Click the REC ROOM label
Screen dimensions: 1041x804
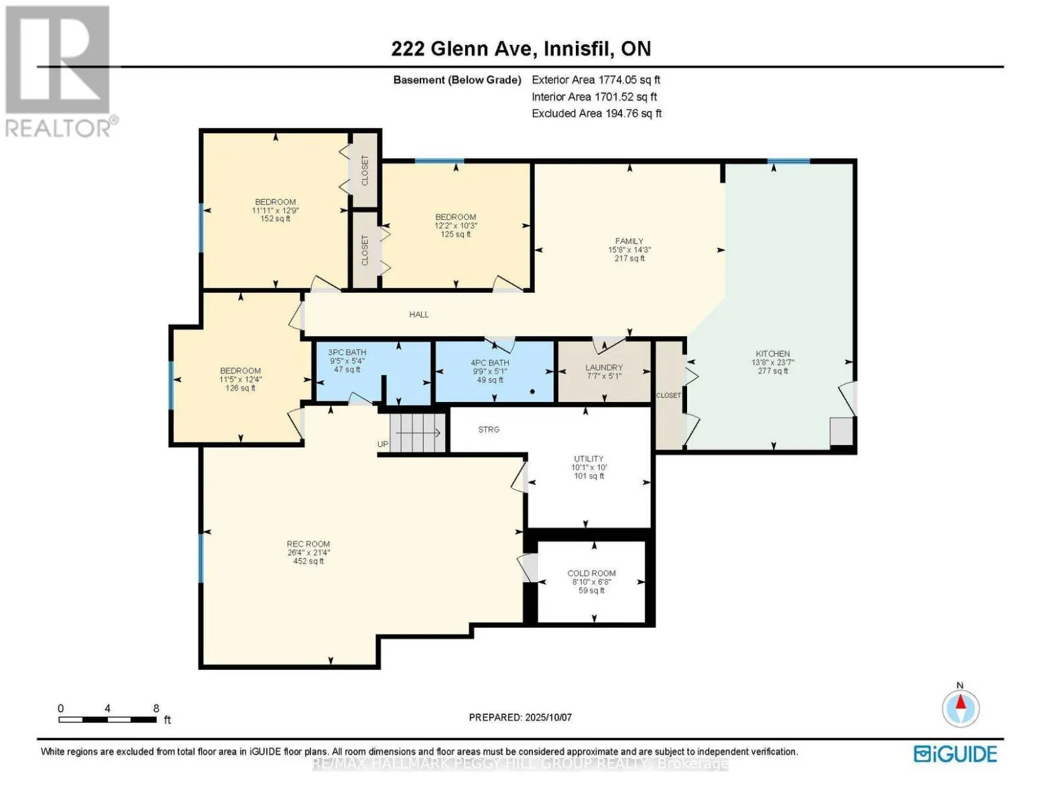pyautogui.click(x=308, y=543)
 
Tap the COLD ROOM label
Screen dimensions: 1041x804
pyautogui.click(x=591, y=573)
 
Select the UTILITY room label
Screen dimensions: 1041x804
pyautogui.click(x=589, y=458)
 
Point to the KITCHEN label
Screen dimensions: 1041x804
pyautogui.click(x=772, y=353)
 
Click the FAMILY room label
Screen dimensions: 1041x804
pyautogui.click(x=629, y=241)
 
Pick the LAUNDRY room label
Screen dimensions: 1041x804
pyautogui.click(x=603, y=367)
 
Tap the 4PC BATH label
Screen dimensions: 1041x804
pyautogui.click(x=489, y=362)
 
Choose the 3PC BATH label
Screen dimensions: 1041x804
pyautogui.click(x=347, y=352)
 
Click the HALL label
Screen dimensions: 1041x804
pyautogui.click(x=419, y=314)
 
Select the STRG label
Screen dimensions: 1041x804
pyautogui.click(x=489, y=429)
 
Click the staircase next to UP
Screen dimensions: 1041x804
pyautogui.click(x=417, y=432)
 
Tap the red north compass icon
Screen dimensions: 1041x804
pyautogui.click(x=960, y=708)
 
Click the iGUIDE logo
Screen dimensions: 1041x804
pyautogui.click(x=955, y=754)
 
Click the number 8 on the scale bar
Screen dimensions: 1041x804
pyautogui.click(x=156, y=708)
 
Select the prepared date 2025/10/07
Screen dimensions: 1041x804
pyautogui.click(x=548, y=717)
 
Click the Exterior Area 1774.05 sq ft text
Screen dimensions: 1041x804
pyautogui.click(x=596, y=80)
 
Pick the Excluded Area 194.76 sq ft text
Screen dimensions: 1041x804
pyautogui.click(x=597, y=113)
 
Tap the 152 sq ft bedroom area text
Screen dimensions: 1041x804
pyautogui.click(x=275, y=218)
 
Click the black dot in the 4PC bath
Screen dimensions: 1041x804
pyautogui.click(x=532, y=391)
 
